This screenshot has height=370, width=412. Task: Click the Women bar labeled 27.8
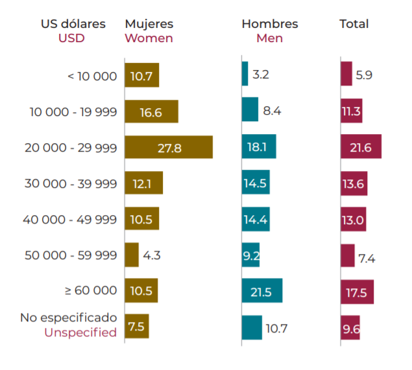click(169, 147)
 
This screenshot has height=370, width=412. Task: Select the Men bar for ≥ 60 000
click(261, 292)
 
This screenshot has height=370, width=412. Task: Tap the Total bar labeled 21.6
click(361, 147)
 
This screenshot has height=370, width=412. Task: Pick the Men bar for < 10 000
click(245, 74)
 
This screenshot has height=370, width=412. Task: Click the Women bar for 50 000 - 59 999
click(132, 255)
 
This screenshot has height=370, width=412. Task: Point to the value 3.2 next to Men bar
click(260, 75)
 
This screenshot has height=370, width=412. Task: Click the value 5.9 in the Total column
click(364, 75)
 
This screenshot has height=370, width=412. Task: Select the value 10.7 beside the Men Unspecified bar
click(276, 329)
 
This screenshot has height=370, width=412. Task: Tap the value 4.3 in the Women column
click(151, 255)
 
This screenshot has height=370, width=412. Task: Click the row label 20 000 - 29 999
click(71, 148)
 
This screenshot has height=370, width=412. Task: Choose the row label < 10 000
click(92, 76)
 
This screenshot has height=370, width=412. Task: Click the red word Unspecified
click(80, 333)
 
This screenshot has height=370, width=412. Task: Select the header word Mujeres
click(149, 24)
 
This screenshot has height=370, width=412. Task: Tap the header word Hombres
click(270, 24)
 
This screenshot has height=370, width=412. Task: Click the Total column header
click(354, 24)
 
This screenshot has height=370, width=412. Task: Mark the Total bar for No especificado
click(350, 328)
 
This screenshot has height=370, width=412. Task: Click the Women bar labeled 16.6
click(151, 111)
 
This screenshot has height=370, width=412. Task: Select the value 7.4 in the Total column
click(367, 259)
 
